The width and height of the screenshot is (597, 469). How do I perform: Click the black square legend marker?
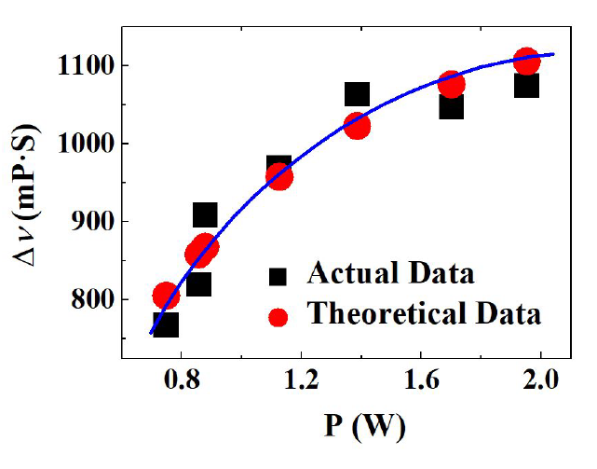(x=278, y=277)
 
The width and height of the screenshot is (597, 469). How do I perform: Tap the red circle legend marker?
(x=278, y=316)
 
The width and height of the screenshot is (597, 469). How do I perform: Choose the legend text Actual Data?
(x=390, y=274)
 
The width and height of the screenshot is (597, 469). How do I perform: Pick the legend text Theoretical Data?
(x=424, y=314)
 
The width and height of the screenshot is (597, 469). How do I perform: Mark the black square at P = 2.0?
(x=526, y=86)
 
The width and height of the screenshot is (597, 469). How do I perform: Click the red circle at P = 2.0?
(x=526, y=62)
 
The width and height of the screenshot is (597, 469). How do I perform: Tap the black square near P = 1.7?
(x=452, y=106)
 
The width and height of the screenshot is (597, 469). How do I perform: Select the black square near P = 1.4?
(x=357, y=94)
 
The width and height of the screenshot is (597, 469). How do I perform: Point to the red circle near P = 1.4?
(x=357, y=125)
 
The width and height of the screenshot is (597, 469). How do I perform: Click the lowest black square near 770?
(x=166, y=324)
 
